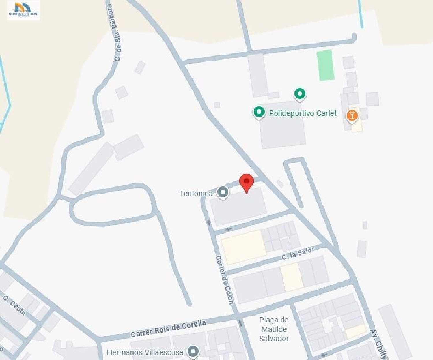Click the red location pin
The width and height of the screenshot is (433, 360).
pos(246,182)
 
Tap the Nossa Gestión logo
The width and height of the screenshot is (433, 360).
pos(23,10)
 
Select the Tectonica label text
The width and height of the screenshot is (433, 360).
pos(196,193)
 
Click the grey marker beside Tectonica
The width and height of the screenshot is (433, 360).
pos(223,192)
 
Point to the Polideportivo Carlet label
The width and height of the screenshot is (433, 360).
pos(303,113)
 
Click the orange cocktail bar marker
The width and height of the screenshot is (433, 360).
pos(352,116)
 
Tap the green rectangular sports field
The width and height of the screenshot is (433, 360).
pos(325,65)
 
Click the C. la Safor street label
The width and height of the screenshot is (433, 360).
pos(298,253)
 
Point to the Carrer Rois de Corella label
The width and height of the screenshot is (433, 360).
pos(168,329)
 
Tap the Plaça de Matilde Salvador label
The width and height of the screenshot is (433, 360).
pos(274,329)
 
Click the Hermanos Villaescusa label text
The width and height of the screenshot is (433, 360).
pos(145,352)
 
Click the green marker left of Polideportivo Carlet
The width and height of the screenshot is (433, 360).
pos(259,112)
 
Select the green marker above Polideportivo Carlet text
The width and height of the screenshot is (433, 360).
pos(300,94)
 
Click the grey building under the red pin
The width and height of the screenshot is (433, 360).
pos(238,206)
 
